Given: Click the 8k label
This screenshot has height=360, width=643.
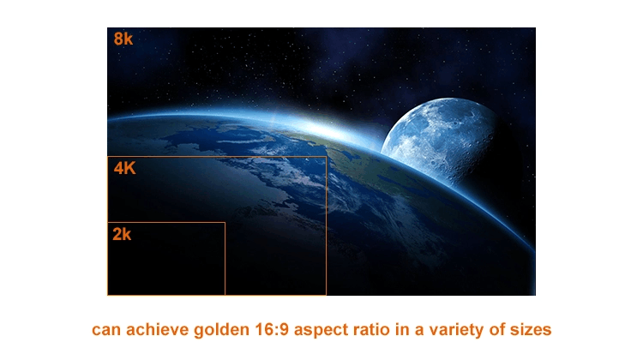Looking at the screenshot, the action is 123,39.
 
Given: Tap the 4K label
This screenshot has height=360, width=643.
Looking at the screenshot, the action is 124,168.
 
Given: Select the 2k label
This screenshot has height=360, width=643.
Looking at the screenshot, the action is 122,234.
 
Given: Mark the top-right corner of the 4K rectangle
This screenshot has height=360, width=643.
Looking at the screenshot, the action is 326,157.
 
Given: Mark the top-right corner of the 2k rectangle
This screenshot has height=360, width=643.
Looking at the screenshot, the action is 225,223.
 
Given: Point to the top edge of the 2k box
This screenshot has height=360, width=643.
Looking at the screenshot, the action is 166,223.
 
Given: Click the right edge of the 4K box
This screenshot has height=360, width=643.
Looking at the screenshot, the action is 326,225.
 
